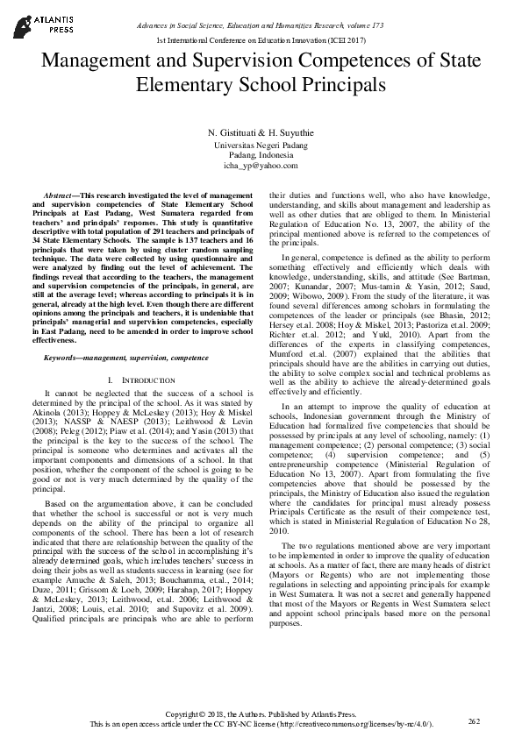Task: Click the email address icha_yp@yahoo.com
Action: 261,165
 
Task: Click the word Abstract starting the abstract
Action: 62,191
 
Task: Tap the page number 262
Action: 475,720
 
